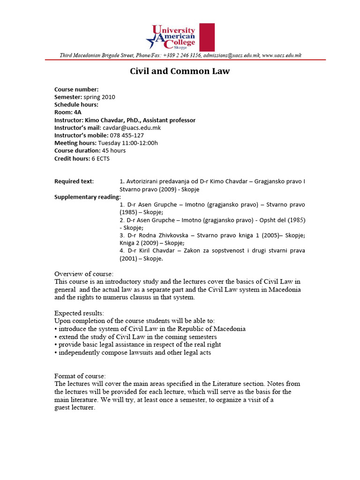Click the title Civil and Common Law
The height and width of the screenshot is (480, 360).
[x=180, y=72]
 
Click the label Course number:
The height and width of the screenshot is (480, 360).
[x=76, y=90]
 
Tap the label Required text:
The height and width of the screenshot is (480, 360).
[x=74, y=181]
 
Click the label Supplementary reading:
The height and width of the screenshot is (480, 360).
[x=87, y=196]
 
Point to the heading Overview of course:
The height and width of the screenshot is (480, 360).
[x=84, y=274]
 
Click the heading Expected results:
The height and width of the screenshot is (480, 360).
[x=79, y=313]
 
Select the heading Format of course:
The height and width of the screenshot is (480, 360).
[x=80, y=376]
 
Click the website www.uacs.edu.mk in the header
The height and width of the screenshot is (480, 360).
[x=282, y=55]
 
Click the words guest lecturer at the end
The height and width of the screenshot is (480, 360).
[x=75, y=407]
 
